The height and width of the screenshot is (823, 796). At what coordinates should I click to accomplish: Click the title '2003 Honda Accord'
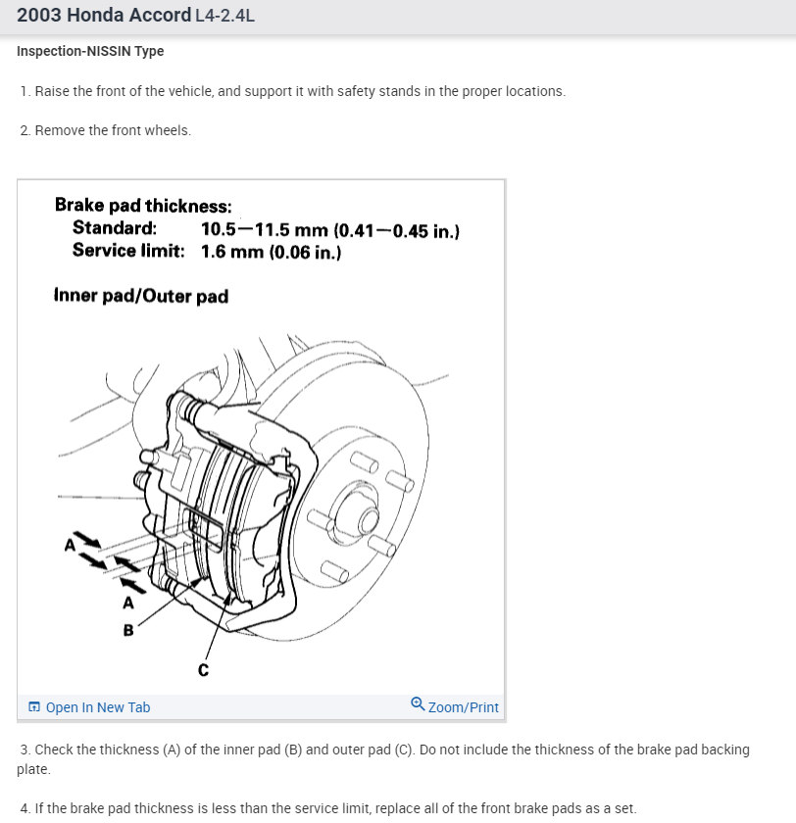103,16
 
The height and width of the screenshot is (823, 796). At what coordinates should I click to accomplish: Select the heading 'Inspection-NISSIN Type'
90,51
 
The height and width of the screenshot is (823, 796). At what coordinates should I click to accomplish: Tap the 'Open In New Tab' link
97,707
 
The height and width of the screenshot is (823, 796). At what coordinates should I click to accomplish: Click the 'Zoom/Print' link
463,707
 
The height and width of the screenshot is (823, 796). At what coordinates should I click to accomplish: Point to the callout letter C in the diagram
203,671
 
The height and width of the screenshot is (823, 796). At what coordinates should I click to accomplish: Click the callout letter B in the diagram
128,630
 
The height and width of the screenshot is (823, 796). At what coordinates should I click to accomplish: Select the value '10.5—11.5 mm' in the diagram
263,230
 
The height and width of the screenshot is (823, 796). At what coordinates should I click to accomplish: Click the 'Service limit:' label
128,251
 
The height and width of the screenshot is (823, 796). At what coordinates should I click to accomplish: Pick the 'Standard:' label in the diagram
114,229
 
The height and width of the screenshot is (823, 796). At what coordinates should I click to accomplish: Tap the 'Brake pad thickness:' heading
143,206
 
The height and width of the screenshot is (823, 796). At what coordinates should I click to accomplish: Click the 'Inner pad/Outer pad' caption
141,295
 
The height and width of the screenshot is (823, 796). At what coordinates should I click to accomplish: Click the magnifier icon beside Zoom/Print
418,705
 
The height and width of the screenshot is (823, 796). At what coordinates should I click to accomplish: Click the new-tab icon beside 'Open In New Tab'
34,707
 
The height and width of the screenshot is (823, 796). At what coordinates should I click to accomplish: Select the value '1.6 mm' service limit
231,252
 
